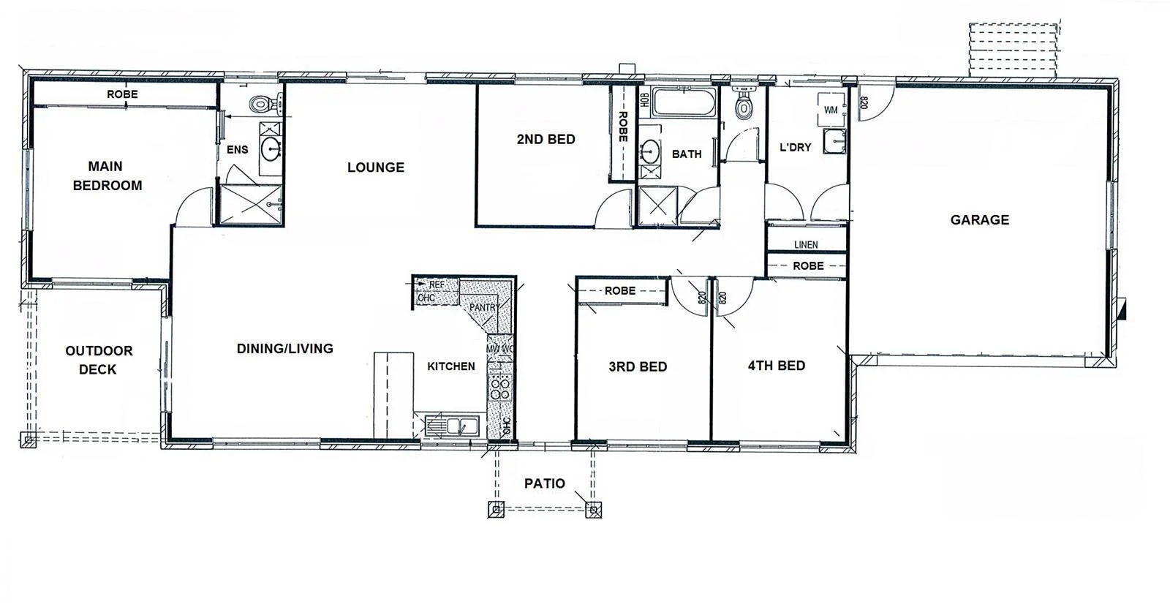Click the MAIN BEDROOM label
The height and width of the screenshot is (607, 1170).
(x=107, y=176)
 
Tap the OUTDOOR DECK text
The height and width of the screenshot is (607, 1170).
(x=99, y=360)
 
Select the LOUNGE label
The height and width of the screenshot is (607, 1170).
(x=375, y=167)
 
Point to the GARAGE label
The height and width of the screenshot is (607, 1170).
(x=979, y=219)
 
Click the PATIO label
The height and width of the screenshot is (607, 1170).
(x=544, y=483)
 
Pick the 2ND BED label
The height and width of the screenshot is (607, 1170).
(x=546, y=139)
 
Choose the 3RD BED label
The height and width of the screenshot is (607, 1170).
(x=638, y=366)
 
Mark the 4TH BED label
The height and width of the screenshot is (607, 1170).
(x=776, y=366)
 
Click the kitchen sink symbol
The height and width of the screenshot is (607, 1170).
(x=457, y=425)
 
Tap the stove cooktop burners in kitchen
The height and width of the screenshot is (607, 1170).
(x=500, y=388)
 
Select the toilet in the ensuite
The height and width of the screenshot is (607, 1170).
(x=260, y=105)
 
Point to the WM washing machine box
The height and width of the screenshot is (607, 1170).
(x=831, y=110)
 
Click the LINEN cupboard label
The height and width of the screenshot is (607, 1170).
(x=806, y=244)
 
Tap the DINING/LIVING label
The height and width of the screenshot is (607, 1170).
(x=284, y=349)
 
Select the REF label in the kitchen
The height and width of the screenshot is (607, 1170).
(x=437, y=284)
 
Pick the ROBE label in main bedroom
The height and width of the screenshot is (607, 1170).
(x=122, y=94)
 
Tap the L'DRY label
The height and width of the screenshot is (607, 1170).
(x=795, y=147)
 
